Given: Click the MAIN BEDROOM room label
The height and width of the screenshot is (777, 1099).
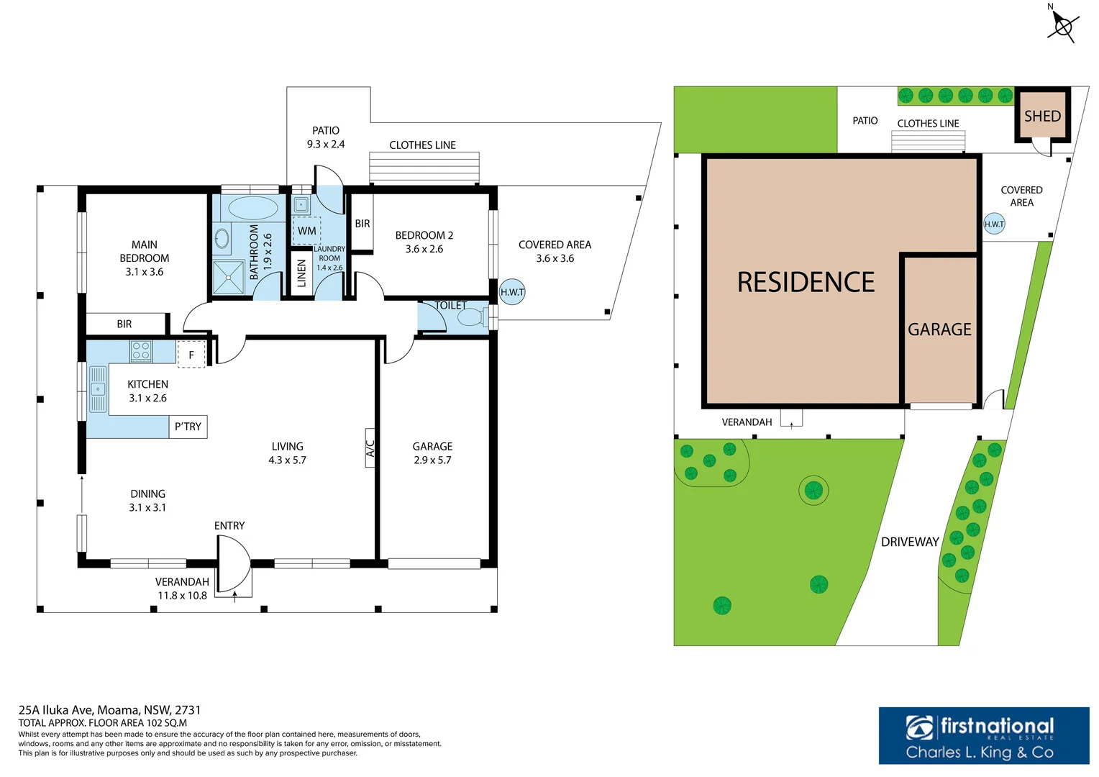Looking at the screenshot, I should tap(145, 258).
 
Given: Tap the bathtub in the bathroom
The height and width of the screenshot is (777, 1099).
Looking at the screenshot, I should tap(252, 209).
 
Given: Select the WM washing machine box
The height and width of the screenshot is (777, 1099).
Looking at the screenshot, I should tap(307, 231).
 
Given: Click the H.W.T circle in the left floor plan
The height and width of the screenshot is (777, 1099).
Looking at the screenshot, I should tap(512, 292).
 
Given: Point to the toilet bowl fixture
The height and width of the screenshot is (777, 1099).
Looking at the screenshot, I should tap(472, 317).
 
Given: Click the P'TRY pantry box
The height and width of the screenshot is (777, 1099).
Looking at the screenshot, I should tap(188, 427).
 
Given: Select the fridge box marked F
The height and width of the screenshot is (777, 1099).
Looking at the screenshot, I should tap(191, 355).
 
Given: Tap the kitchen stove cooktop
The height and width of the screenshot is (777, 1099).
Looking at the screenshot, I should tap(141, 351).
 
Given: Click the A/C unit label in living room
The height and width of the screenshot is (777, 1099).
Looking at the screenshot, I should tap(370, 448).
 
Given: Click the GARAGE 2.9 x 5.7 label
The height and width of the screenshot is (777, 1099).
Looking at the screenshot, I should tap(432, 453).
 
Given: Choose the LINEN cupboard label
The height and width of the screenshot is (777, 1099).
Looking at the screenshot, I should tap(302, 273).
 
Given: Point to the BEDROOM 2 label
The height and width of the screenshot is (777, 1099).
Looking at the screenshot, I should tap(424, 242).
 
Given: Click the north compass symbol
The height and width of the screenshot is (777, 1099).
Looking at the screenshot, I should tap(1062, 26).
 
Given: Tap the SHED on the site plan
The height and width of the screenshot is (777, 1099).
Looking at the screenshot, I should tap(1042, 116).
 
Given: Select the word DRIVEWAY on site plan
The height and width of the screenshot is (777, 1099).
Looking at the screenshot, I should tap(910, 542).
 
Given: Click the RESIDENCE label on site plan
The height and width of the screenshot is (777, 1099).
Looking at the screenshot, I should tap(806, 282).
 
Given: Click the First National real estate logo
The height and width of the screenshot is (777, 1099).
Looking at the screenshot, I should tap(983, 735).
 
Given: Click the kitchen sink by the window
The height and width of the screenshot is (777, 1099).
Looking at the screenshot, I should tap(98, 389).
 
